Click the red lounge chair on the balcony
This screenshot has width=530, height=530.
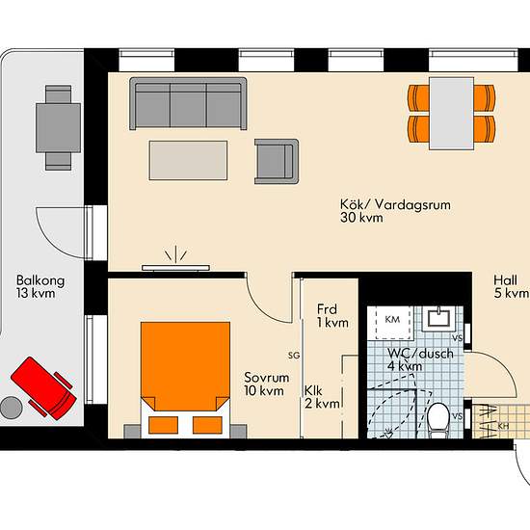(44, 388)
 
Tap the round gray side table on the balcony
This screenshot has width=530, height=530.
(12, 408)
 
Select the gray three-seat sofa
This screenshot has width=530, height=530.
(188, 103)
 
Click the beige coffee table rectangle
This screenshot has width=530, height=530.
(188, 160)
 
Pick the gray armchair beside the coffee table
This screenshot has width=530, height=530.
(277, 161)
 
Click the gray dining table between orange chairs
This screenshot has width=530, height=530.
(452, 114)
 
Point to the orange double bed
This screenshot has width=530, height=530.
(186, 378)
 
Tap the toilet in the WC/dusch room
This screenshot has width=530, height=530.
(438, 418)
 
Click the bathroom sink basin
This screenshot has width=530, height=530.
(439, 317)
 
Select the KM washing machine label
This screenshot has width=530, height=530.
(392, 319)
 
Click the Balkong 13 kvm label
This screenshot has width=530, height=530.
(40, 286)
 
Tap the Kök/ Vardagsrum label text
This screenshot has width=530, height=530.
(395, 205)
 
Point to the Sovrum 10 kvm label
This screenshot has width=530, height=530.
(266, 384)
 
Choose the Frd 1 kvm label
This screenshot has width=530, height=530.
(332, 316)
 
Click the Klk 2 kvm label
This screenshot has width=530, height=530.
(322, 397)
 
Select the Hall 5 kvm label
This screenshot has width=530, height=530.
(511, 286)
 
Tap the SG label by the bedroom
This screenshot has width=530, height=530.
(294, 356)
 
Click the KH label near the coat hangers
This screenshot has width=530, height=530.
(503, 426)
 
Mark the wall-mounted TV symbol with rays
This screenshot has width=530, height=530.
(175, 259)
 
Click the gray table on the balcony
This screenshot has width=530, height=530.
(58, 128)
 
